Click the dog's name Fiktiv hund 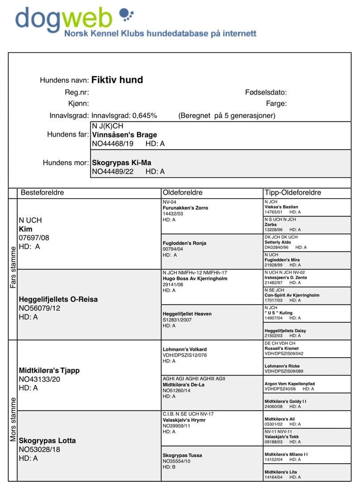[x=117, y=80]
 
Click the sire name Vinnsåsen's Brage [x=124, y=135]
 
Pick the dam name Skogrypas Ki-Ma [x=121, y=163]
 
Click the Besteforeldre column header [x=42, y=193]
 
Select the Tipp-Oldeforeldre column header [x=293, y=193]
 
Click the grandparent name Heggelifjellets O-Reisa [x=58, y=299]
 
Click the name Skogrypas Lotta [x=47, y=440]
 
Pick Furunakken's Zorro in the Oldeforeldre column [x=185, y=208]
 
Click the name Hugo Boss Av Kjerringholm [x=195, y=278]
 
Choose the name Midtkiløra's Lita [x=281, y=472]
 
